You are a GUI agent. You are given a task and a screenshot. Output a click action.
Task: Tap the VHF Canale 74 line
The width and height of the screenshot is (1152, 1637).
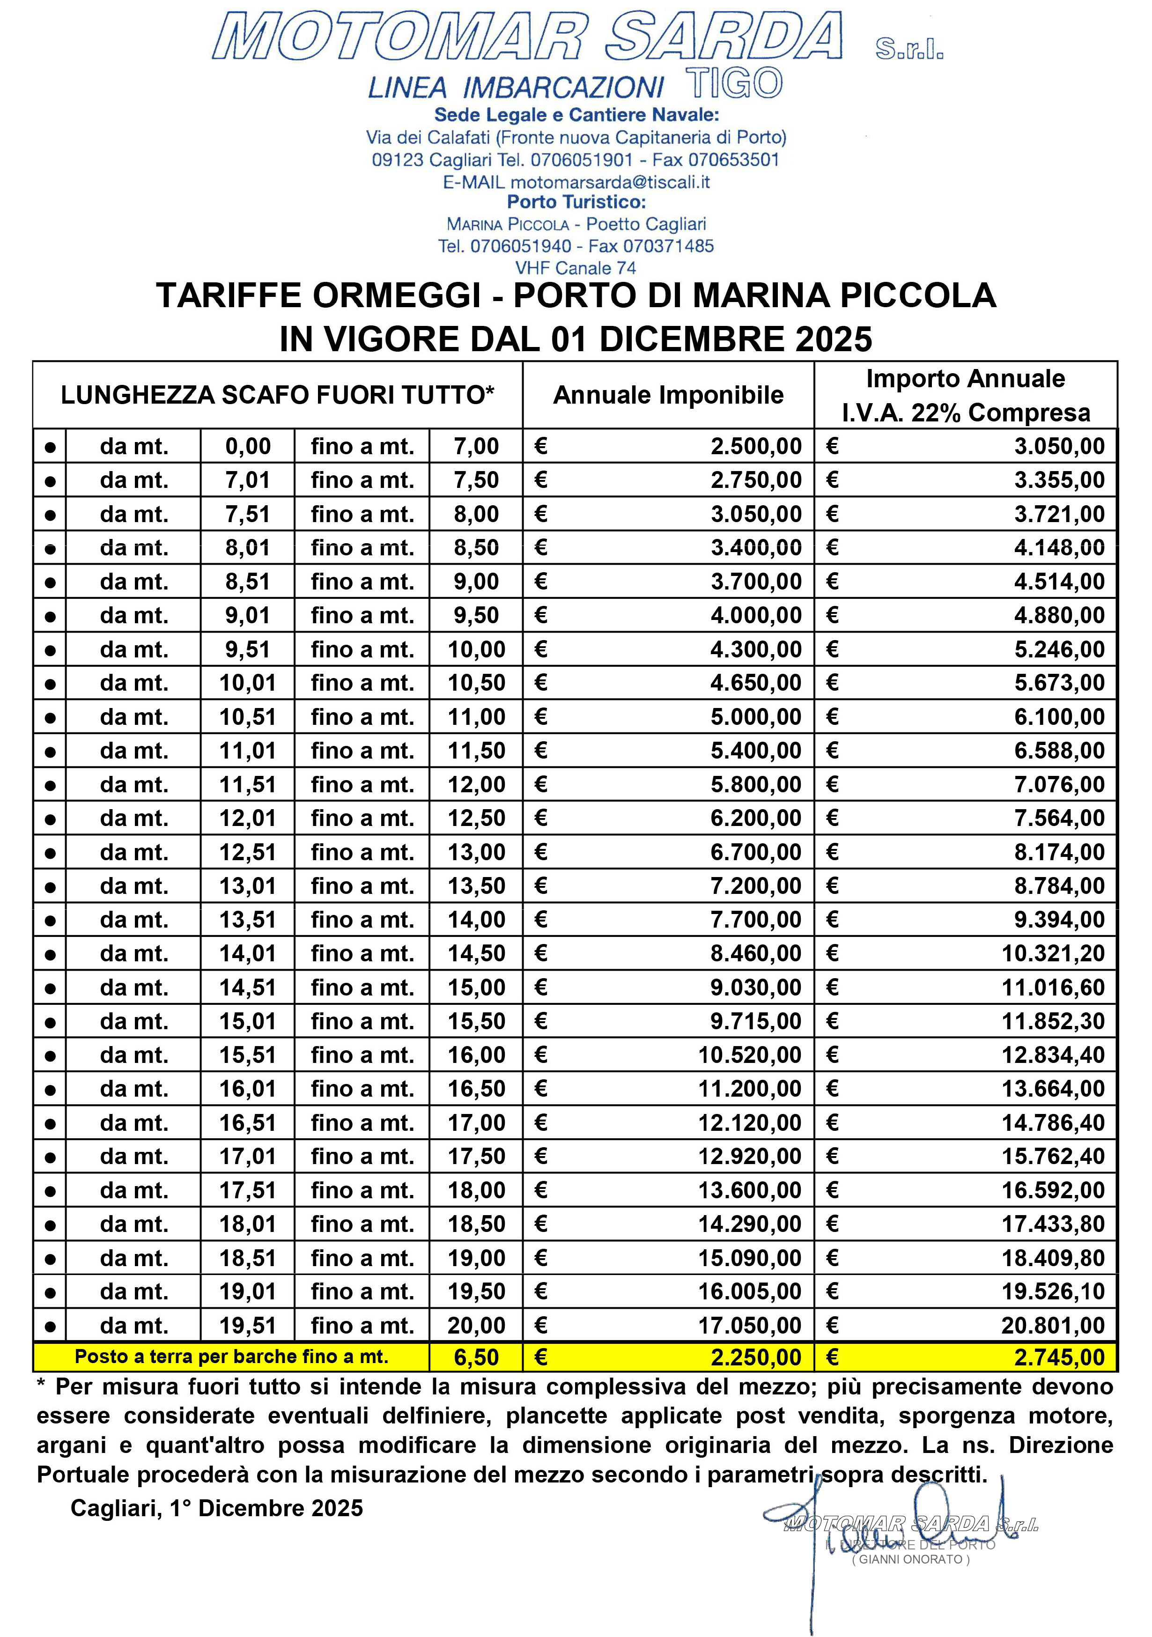575,268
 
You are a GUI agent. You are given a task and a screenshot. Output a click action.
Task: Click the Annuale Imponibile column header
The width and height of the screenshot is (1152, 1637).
668,395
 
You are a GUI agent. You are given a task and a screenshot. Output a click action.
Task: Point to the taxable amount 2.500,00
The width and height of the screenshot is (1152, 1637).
756,446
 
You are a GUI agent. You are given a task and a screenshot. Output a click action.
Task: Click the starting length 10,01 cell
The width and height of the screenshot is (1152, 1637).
247,683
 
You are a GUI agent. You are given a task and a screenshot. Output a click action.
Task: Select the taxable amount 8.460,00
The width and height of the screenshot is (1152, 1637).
756,953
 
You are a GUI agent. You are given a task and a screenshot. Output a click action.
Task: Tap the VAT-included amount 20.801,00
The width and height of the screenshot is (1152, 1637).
1053,1326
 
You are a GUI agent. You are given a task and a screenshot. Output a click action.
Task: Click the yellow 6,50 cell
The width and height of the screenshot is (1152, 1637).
476,1357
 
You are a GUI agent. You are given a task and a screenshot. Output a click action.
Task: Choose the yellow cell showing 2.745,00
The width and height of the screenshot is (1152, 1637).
1059,1357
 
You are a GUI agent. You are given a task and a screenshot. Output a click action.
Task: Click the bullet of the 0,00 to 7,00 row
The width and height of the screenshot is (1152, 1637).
50,447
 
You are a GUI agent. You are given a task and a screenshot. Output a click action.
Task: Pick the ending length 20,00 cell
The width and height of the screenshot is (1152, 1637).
476,1326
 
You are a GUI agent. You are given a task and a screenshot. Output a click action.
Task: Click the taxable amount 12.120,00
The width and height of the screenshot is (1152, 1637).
749,1123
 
